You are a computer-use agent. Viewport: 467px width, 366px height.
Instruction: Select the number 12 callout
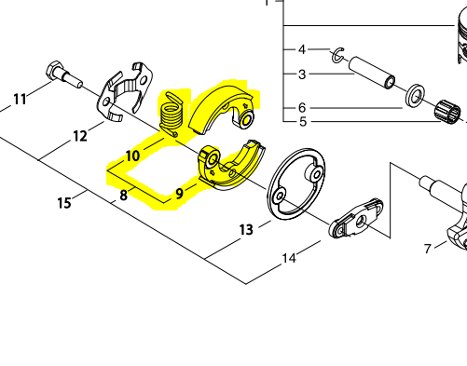pos(81,136)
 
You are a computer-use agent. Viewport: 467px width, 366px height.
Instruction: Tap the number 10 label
pos(133,155)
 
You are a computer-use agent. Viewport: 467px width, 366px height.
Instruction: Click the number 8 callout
pos(123,196)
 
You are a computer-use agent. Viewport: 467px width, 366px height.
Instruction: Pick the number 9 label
pos(179,195)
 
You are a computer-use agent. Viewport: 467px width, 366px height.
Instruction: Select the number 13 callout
pos(246,229)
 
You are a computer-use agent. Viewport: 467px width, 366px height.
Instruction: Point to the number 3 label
pos(302,75)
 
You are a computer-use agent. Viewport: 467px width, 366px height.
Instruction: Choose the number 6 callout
pos(302,107)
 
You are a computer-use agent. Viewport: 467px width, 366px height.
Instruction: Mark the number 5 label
pos(302,122)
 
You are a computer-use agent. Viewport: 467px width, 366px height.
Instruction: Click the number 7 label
pos(428,249)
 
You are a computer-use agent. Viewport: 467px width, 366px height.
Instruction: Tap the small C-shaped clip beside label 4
pos(338,56)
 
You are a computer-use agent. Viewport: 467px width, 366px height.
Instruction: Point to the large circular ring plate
pos(298,185)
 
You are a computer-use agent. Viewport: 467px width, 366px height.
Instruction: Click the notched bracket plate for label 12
pos(125,93)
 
